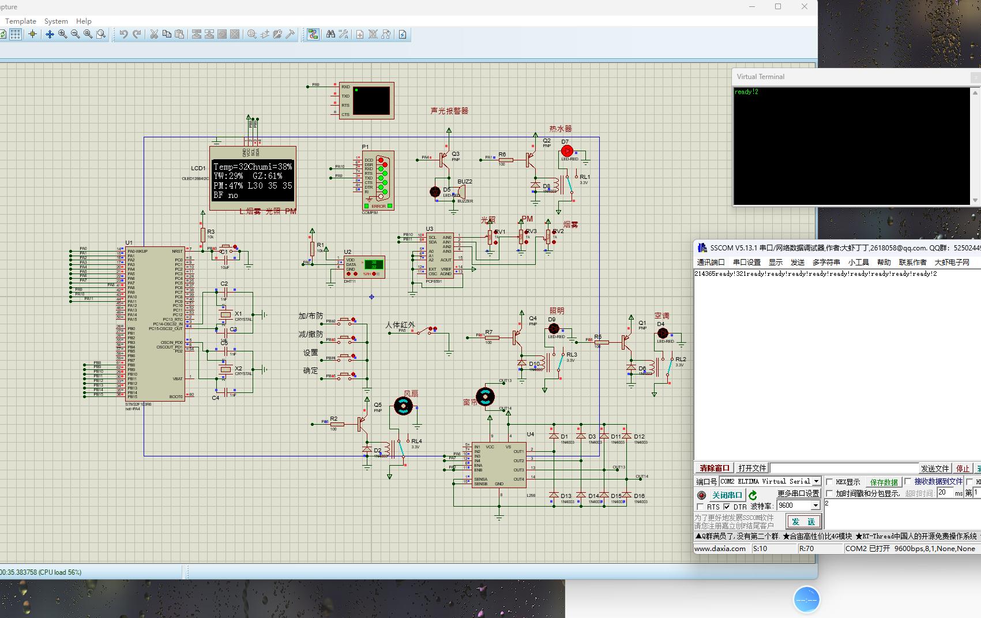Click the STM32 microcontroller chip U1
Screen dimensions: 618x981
point(155,324)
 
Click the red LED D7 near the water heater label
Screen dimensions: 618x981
point(567,151)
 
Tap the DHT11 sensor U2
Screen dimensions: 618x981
point(364,267)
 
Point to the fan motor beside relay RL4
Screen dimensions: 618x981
point(403,406)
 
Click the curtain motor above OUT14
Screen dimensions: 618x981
point(485,396)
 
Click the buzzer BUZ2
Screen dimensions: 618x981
point(461,192)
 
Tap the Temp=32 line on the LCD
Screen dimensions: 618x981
point(253,166)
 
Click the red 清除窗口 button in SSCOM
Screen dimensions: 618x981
point(714,468)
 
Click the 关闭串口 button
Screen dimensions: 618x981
point(727,495)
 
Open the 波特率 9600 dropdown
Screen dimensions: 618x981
point(815,505)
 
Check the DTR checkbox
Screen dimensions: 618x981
point(727,507)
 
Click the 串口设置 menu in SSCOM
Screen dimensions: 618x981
point(747,262)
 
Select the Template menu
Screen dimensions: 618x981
point(21,21)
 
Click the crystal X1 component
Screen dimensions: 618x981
point(225,314)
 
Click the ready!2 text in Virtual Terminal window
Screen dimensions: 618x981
point(746,92)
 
